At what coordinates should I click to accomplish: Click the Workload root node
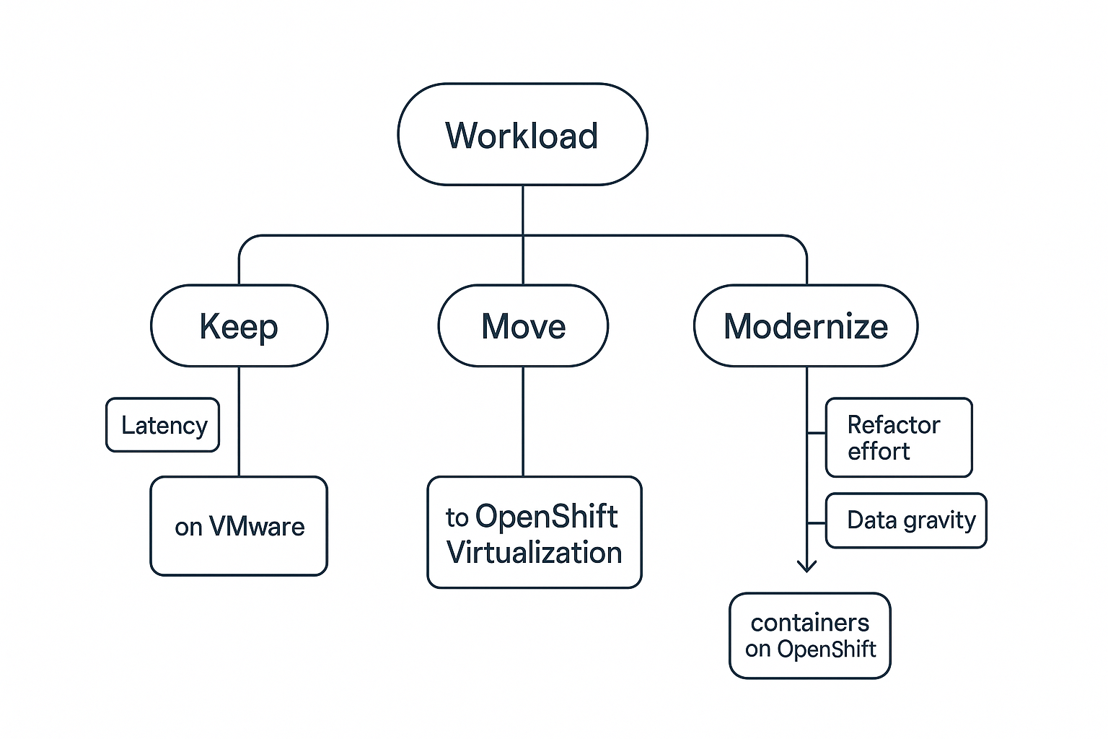[522, 135]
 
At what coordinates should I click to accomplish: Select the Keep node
[239, 326]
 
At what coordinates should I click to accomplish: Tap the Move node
[523, 326]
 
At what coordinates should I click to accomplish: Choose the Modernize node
[805, 326]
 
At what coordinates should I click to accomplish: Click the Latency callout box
[163, 425]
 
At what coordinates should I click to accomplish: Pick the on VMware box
[239, 526]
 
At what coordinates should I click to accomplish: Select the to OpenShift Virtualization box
[534, 533]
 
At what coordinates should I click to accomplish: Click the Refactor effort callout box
[898, 437]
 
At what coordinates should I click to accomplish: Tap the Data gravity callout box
[905, 520]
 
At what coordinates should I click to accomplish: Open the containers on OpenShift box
[809, 636]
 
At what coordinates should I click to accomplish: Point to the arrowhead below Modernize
[806, 565]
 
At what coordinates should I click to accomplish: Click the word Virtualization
[534, 553]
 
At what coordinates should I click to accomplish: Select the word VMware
[256, 527]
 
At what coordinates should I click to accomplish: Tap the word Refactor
[893, 425]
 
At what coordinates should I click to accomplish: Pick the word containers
[809, 623]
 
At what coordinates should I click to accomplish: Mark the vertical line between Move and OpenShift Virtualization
[523, 421]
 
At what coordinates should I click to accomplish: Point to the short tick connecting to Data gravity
[816, 522]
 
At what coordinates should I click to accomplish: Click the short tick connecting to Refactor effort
[816, 434]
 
